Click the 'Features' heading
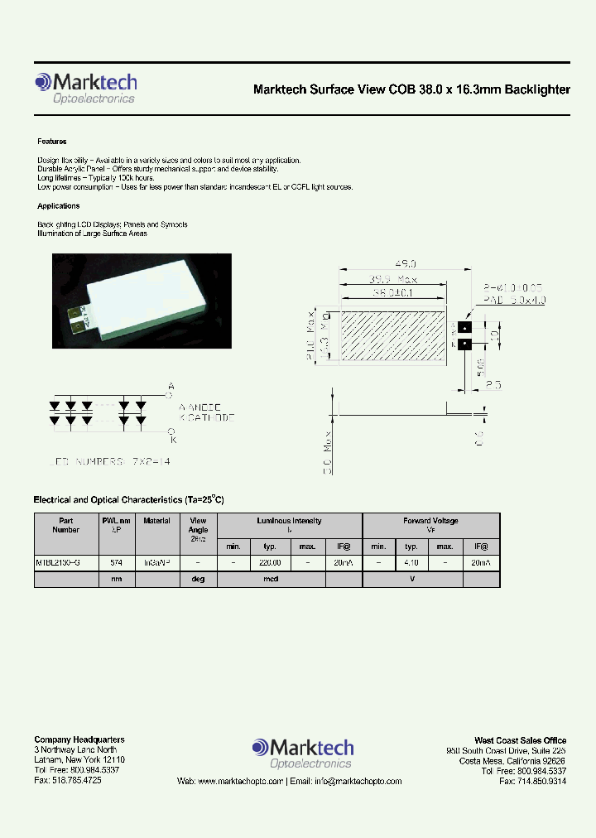(x=51, y=142)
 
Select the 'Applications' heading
(x=58, y=206)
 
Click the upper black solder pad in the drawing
(x=464, y=328)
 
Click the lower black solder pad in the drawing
(x=464, y=344)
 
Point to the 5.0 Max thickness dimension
(x=328, y=452)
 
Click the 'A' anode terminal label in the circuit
(x=171, y=387)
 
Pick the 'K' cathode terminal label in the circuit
(x=171, y=431)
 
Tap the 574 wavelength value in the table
(x=117, y=562)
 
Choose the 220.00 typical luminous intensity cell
(x=270, y=562)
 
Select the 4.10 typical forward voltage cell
(x=411, y=562)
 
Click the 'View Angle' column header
(x=199, y=525)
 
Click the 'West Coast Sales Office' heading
(x=520, y=740)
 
